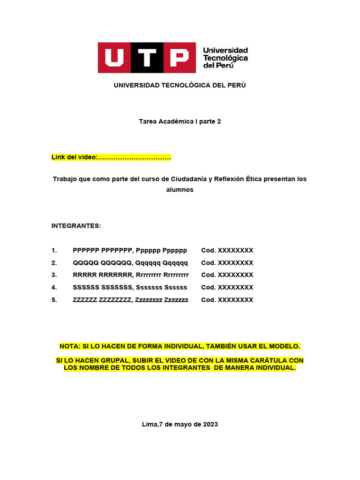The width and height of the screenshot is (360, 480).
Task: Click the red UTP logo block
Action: (147, 58)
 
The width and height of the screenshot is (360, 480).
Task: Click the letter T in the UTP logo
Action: (147, 58)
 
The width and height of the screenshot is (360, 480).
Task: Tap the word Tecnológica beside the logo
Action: (225, 58)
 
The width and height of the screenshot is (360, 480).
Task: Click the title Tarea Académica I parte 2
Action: (180, 121)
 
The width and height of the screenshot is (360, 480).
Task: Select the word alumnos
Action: (180, 190)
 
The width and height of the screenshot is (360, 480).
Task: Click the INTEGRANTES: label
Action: (76, 226)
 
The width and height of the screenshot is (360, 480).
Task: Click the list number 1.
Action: (54, 250)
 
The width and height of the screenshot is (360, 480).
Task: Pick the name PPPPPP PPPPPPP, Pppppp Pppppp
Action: (130, 250)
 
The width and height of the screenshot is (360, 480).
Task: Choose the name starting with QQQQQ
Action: (130, 262)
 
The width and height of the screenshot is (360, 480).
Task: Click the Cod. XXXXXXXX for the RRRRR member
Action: (227, 275)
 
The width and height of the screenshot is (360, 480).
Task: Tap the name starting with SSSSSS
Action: (130, 287)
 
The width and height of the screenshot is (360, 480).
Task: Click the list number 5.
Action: (54, 300)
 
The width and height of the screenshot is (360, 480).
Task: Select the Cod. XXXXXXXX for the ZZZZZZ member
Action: (227, 300)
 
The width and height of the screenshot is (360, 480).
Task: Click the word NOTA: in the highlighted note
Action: (70, 346)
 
